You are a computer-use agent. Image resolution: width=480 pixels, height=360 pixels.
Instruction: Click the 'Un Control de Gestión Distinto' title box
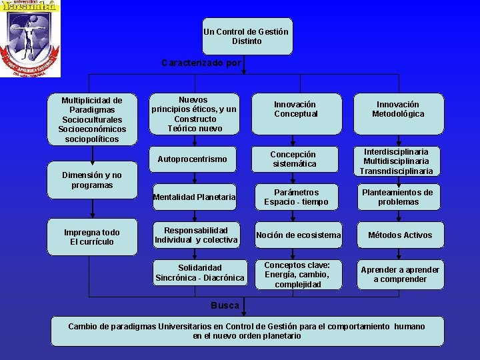click(247, 36)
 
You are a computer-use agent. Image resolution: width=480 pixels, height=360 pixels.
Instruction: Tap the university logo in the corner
click(30, 39)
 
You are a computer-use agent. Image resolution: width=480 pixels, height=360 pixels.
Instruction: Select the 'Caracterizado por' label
click(201, 63)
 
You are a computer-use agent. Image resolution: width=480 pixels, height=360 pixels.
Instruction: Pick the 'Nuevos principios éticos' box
click(194, 114)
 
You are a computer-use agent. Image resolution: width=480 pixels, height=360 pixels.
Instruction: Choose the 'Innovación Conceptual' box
click(295, 109)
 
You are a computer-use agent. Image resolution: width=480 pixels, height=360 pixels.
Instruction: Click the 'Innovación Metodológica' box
click(398, 109)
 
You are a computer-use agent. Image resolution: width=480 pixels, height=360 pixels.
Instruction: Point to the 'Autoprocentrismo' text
click(192, 159)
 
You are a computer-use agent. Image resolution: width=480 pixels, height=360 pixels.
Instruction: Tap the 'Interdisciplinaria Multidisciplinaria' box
click(398, 161)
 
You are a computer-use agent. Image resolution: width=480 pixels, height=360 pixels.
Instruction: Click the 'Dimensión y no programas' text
click(92, 180)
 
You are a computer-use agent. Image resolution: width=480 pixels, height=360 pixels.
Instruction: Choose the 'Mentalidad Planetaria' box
click(194, 197)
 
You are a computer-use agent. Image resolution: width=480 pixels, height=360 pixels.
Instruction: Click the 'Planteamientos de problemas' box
click(398, 197)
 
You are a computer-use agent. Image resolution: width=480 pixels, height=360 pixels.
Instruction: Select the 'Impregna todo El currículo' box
click(92, 237)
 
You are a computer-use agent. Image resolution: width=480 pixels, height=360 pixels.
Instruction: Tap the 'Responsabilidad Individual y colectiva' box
click(196, 235)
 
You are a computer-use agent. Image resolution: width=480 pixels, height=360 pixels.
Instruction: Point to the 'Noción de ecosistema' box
click(298, 235)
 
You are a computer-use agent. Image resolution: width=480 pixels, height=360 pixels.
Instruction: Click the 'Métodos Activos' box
click(400, 235)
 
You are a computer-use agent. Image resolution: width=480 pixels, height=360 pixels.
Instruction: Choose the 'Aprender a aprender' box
click(400, 274)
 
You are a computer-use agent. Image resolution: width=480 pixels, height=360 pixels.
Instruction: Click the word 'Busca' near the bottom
click(225, 305)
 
